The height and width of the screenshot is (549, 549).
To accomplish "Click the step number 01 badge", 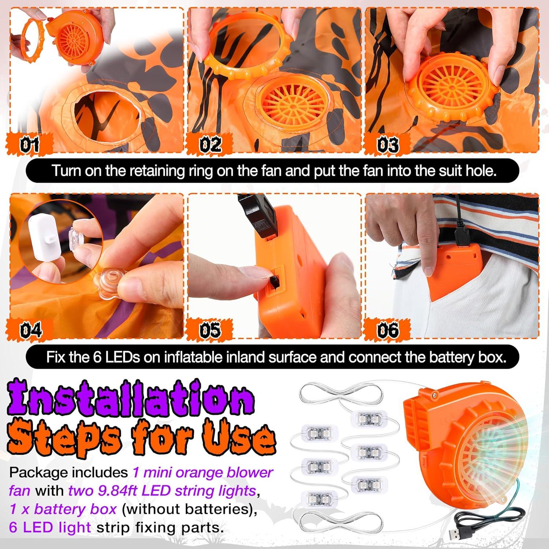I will pos(29,145).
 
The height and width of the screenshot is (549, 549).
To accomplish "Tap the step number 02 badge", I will pos(210,145).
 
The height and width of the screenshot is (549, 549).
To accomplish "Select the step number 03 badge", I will pos(387,145).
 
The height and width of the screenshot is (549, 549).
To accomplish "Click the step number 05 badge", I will pos(210,330).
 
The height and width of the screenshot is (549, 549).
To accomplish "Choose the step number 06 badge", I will pos(387,330).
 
